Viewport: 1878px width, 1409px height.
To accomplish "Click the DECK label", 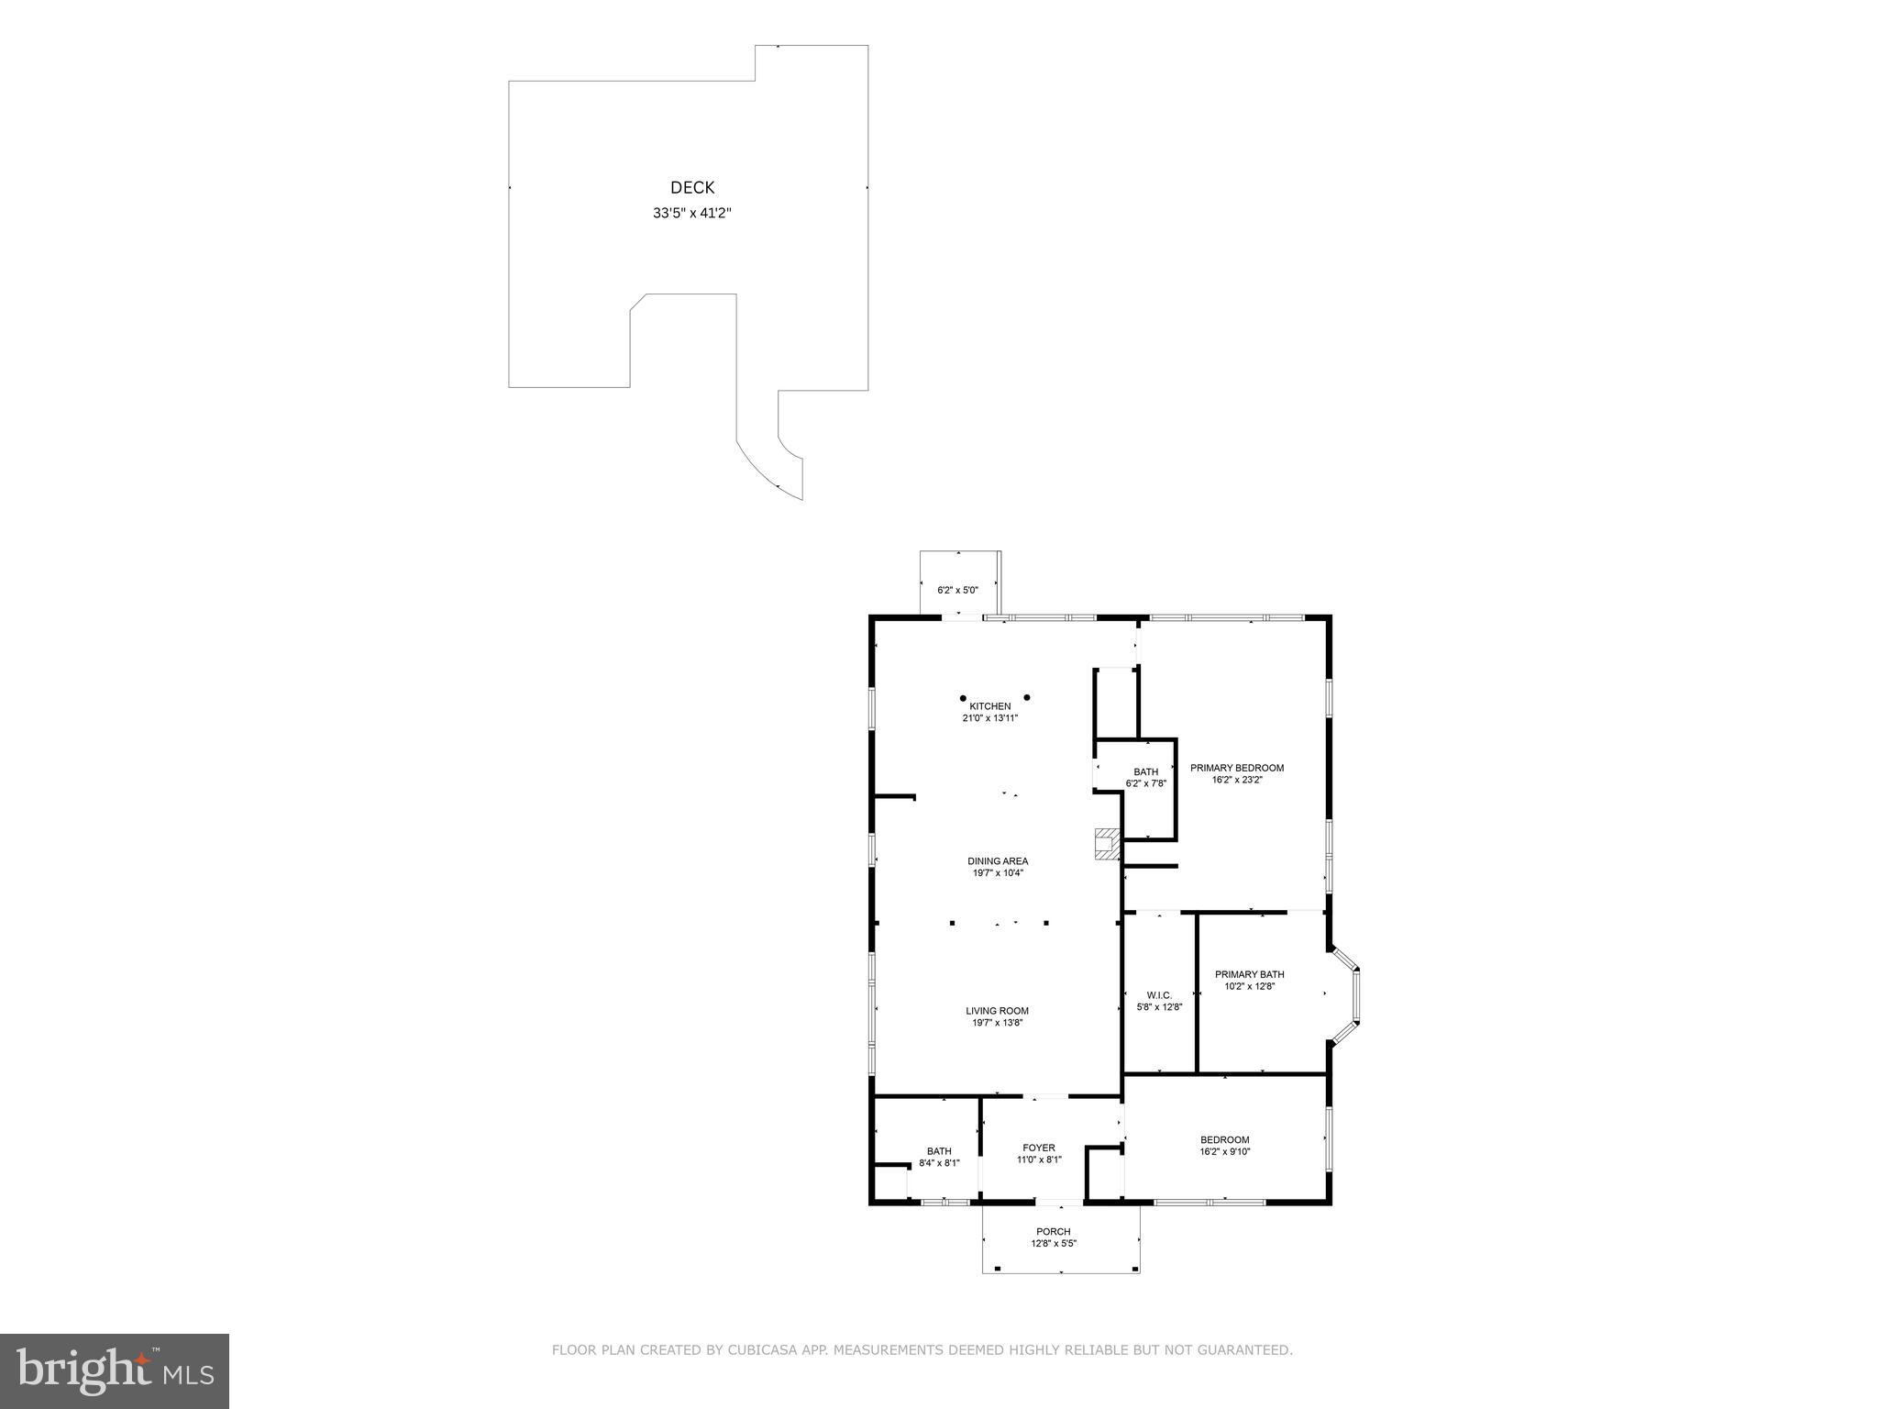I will [692, 188].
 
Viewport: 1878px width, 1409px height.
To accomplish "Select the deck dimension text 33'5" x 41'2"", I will [692, 214].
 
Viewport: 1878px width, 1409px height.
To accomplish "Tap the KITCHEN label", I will [990, 706].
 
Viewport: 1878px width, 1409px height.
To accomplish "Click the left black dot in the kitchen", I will [963, 698].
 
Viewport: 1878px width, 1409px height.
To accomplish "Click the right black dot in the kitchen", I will [1027, 698].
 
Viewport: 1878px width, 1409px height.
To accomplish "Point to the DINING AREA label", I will [998, 861].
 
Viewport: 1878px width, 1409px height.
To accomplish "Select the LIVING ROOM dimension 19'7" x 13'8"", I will [997, 1023].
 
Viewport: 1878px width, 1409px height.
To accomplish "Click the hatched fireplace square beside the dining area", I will [1107, 844].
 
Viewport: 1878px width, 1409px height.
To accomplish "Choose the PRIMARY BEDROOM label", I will [1237, 768].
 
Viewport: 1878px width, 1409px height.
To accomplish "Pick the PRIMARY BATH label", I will [1249, 974].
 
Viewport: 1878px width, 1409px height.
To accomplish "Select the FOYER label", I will [1039, 1148].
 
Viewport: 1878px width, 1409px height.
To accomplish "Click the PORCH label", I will [1053, 1232].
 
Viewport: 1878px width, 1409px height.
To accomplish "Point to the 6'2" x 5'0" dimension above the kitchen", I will [957, 590].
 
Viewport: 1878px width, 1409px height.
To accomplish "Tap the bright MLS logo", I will [115, 1371].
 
